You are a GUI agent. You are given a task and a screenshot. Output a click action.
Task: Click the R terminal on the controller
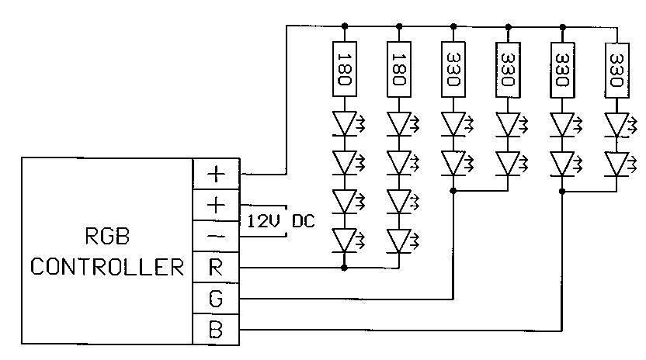click(x=216, y=267)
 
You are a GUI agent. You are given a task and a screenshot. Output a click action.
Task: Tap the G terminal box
click(x=216, y=298)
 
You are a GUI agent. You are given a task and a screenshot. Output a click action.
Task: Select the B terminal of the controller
click(x=216, y=329)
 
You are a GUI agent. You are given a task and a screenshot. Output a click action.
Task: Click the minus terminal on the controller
click(x=216, y=236)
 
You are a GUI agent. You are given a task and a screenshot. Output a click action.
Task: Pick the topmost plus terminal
click(x=216, y=174)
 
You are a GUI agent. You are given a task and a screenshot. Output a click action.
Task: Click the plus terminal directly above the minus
click(x=216, y=205)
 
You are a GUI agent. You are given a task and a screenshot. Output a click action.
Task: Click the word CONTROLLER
click(x=107, y=268)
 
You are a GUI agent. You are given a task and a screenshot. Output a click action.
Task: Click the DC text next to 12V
click(x=304, y=220)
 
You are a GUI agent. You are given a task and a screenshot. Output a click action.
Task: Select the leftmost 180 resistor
click(x=344, y=69)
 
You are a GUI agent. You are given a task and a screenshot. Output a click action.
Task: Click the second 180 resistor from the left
click(x=398, y=69)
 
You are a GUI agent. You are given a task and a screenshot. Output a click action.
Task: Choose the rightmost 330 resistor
click(x=616, y=69)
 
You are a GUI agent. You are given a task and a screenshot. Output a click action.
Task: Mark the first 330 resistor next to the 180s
click(x=453, y=69)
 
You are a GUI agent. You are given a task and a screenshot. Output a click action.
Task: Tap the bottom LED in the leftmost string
click(x=344, y=239)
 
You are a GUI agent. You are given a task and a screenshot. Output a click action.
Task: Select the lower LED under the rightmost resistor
click(x=616, y=163)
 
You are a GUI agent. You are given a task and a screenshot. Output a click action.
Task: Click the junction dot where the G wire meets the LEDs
click(x=453, y=189)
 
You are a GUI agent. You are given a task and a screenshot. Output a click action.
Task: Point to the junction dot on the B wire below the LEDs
click(x=561, y=189)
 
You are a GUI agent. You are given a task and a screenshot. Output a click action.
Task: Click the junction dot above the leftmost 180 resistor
click(x=344, y=26)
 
